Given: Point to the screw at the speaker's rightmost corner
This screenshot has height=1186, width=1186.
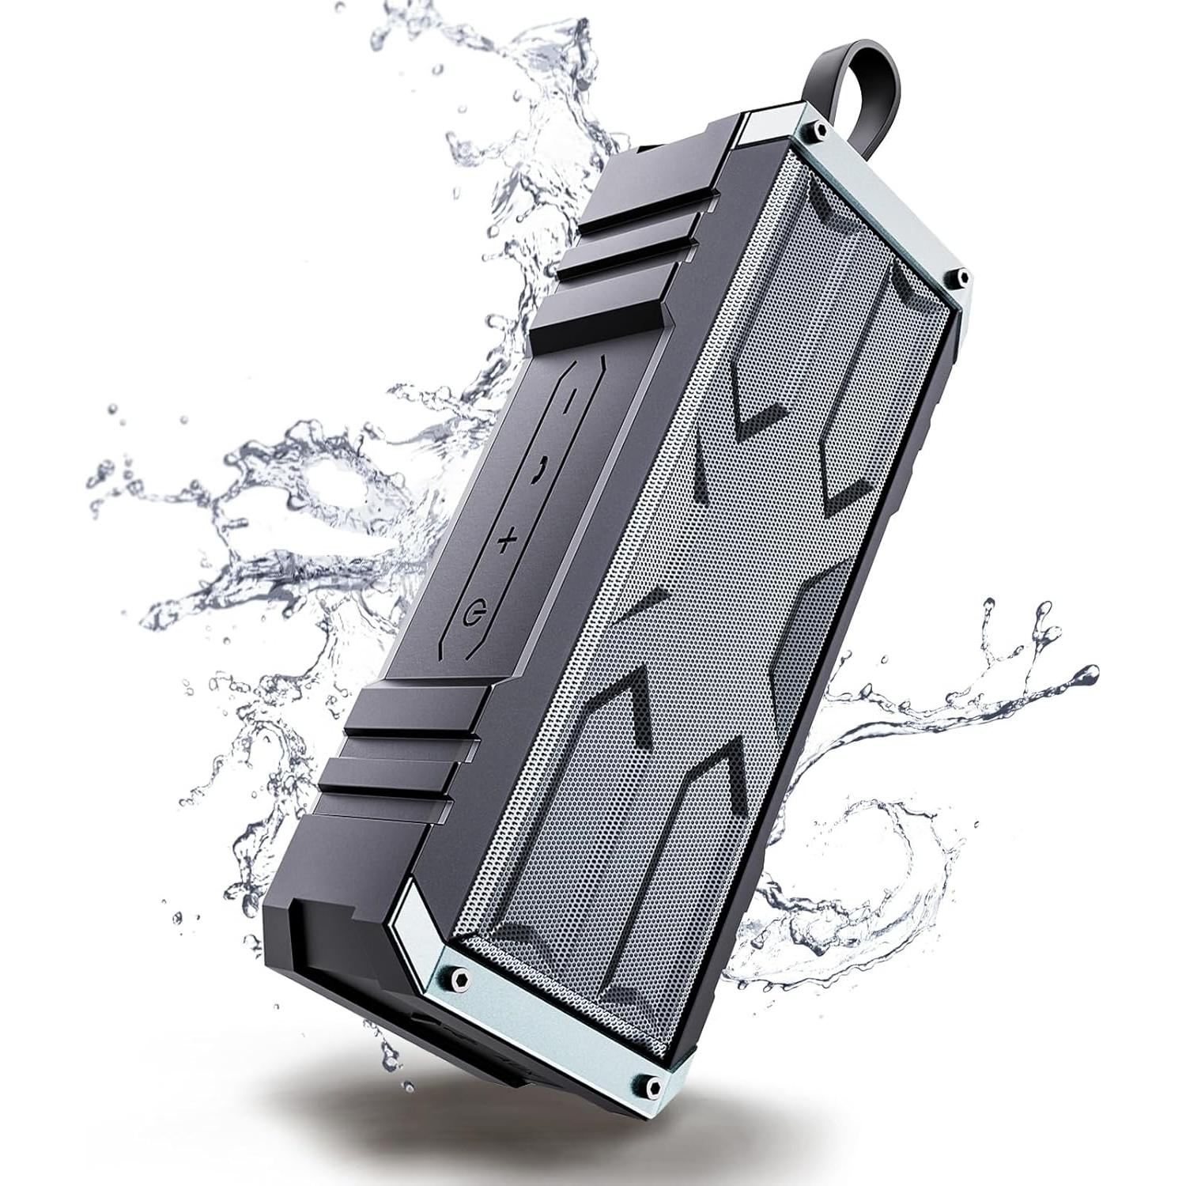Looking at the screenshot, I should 961,275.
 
